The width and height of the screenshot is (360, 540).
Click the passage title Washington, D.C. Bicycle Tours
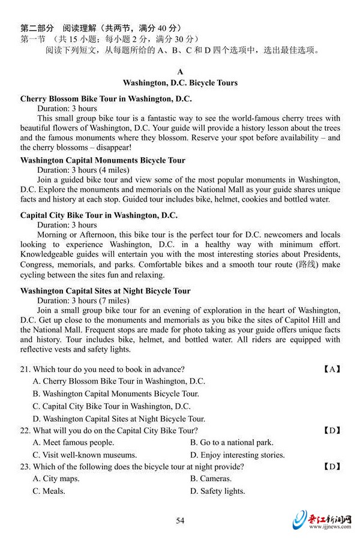coord(180,83)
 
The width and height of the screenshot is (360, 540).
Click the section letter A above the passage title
coord(180,71)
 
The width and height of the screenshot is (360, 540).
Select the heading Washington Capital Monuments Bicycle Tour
coord(103,160)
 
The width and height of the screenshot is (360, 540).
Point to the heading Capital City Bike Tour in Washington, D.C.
coord(99,215)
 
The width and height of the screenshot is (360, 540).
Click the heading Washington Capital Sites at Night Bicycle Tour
coord(105,291)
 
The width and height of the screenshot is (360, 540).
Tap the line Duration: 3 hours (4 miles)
coord(83,170)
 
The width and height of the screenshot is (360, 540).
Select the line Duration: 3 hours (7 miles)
coord(83,301)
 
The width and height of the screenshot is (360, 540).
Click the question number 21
coord(25,369)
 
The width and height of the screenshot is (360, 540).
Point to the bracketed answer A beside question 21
coord(332,369)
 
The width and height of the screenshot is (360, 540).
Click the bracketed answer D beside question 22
coord(332,430)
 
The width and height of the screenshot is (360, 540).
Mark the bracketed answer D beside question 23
coord(332,467)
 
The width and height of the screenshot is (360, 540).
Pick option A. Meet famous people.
coord(73,442)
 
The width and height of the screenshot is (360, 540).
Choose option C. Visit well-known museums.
coord(85,455)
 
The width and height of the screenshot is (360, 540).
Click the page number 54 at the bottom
coord(180,520)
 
